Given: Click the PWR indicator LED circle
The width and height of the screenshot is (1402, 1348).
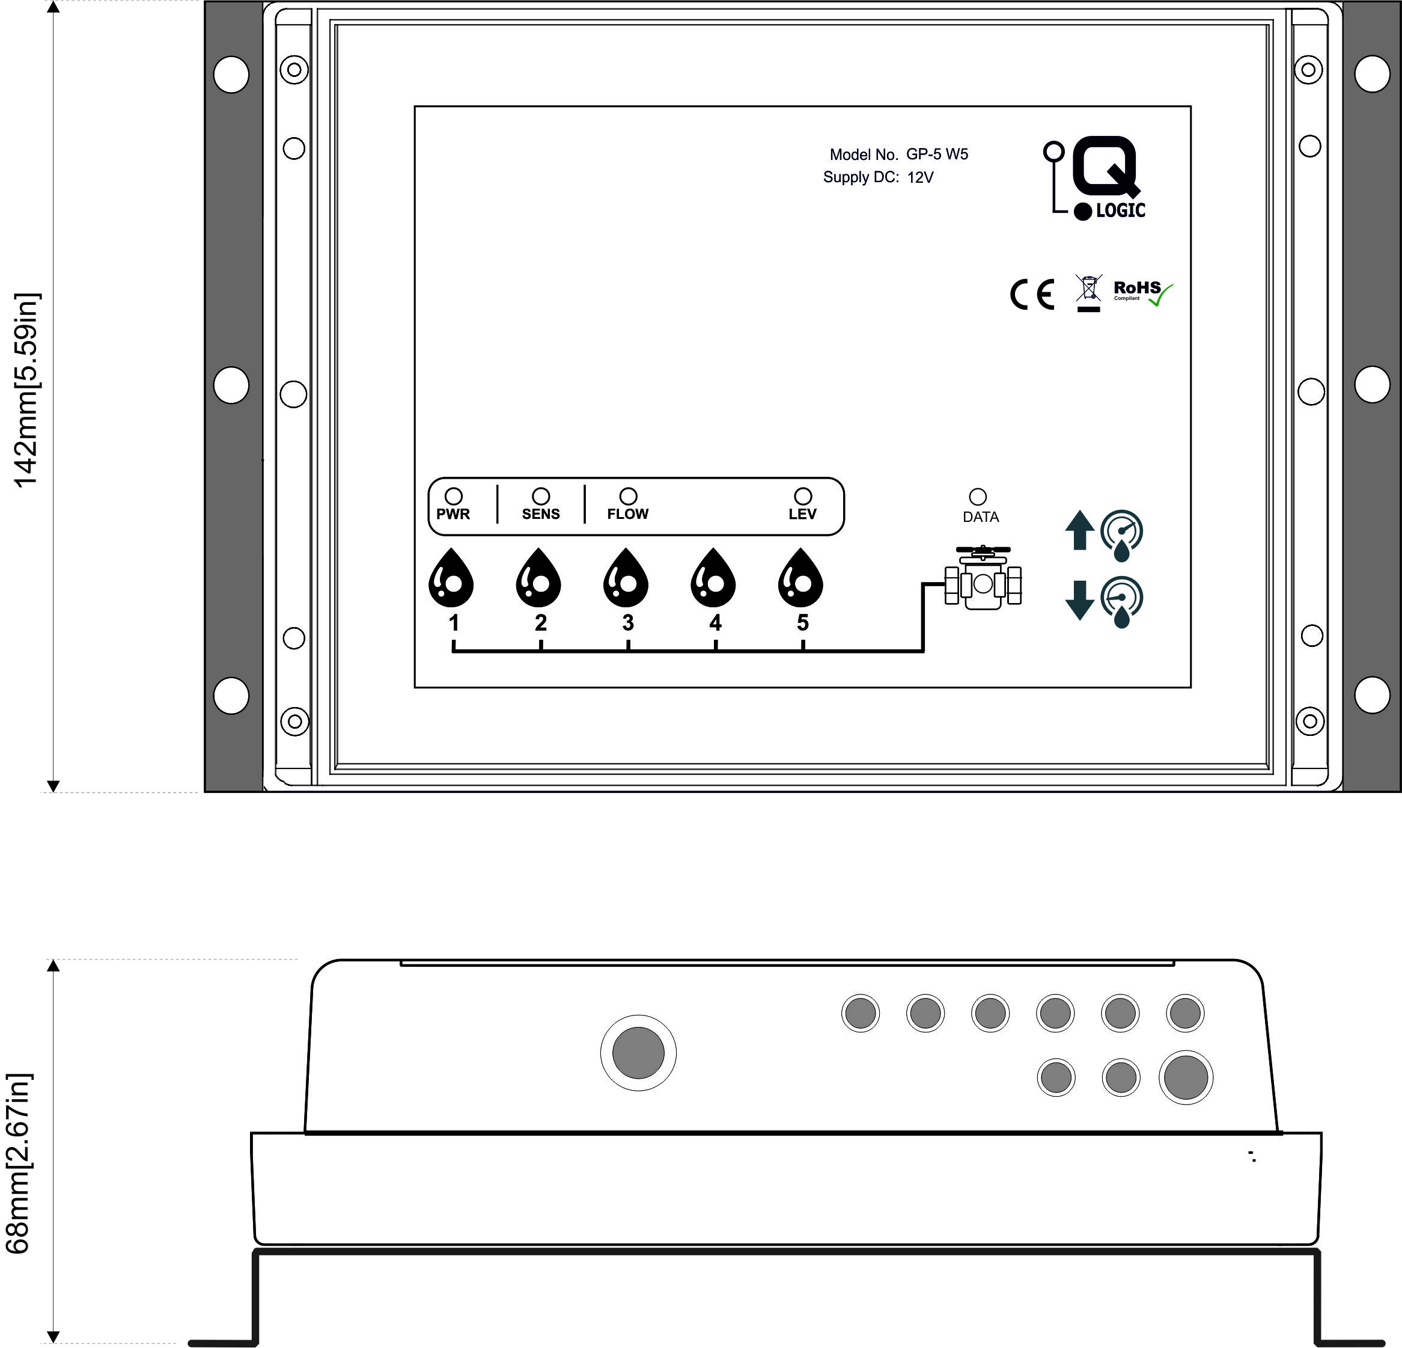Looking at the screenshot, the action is (454, 496).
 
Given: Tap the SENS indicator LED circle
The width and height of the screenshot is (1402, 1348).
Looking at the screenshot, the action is (541, 496).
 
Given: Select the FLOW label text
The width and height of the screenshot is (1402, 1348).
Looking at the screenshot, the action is (627, 513).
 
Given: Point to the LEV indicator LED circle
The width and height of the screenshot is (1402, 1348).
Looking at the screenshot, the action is (803, 496).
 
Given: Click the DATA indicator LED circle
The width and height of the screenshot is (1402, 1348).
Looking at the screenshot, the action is (978, 497).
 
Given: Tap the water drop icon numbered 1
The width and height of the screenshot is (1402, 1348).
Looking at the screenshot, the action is (451, 578).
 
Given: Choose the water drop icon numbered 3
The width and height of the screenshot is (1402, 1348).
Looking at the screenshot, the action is (626, 578).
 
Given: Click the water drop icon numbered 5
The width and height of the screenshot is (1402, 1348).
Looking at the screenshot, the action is (800, 578).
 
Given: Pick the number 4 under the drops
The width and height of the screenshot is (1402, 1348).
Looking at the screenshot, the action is (715, 622).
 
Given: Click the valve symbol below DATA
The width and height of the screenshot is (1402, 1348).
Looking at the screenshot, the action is (983, 578).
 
